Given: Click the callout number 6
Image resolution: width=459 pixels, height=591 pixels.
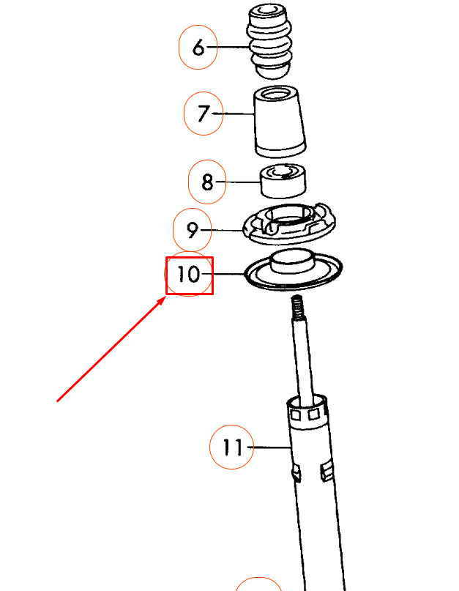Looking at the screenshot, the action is coord(198,48).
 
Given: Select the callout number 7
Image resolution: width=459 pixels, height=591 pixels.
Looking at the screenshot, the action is coord(203,114).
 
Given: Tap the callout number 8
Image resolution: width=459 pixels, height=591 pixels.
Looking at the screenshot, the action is coord(207,182).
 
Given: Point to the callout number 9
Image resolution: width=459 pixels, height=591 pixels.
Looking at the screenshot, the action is coord(193,231).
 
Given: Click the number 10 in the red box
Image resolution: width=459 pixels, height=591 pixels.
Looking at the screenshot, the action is coord(188,275).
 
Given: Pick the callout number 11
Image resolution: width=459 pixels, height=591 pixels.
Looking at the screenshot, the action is coord(232,447).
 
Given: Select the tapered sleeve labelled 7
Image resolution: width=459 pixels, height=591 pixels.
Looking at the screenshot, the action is coord(280,124).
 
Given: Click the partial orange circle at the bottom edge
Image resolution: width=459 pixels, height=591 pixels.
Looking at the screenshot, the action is coord(258,584).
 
